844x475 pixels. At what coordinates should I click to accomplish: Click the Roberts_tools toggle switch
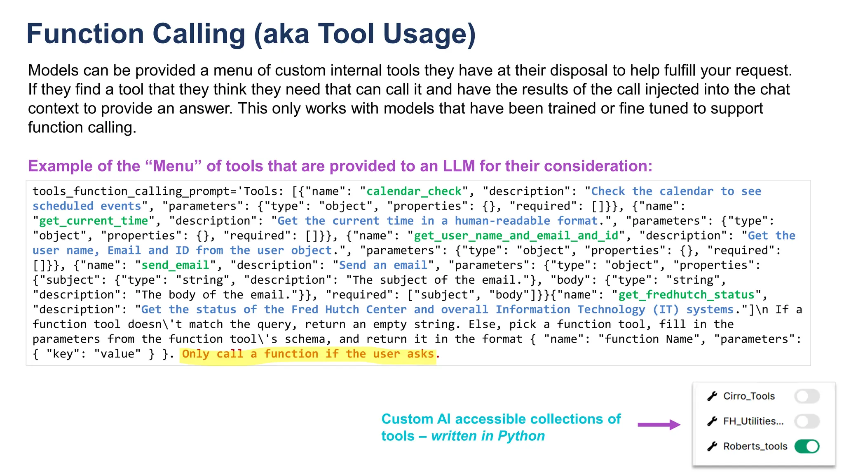pyautogui.click(x=806, y=446)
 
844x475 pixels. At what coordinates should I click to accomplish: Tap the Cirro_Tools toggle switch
pyautogui.click(x=806, y=396)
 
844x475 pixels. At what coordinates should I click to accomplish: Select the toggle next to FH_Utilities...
pyautogui.click(x=806, y=421)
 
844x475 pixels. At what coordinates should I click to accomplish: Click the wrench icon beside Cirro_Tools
pyautogui.click(x=712, y=396)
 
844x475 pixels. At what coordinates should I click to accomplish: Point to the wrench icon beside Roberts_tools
pyautogui.click(x=712, y=446)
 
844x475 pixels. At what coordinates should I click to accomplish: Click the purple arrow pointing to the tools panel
pyautogui.click(x=659, y=425)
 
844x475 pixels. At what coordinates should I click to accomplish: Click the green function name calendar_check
pyautogui.click(x=414, y=191)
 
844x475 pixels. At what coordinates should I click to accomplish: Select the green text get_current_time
pyautogui.click(x=94, y=221)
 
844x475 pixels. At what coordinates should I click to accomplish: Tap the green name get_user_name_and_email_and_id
pyautogui.click(x=516, y=236)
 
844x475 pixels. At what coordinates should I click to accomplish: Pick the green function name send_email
pyautogui.click(x=175, y=265)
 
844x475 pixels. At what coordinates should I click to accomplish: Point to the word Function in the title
pyautogui.click(x=85, y=34)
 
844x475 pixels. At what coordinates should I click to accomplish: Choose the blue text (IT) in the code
pyautogui.click(x=666, y=310)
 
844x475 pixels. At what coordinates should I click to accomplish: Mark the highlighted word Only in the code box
pyautogui.click(x=195, y=354)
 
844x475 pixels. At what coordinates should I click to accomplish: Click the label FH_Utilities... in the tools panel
pyautogui.click(x=753, y=421)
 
